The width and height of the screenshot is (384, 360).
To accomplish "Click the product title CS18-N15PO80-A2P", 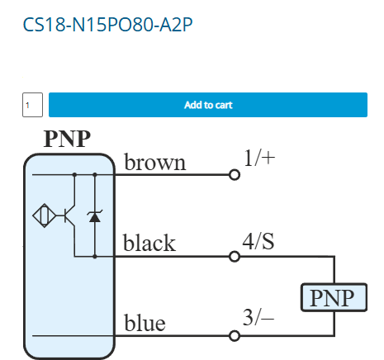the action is coord(107,25).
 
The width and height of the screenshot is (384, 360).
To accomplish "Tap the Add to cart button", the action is coord(208,105).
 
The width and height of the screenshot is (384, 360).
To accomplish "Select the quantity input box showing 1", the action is coord(32,105).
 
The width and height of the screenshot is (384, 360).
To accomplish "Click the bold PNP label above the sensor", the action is coord(67,139).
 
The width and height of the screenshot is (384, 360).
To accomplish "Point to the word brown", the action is coord(155,163).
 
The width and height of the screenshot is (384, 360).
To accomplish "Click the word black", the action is coord(149,243).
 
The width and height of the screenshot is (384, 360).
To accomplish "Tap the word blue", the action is coord(145,322).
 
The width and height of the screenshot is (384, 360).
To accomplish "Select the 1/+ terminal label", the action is coord(259,159).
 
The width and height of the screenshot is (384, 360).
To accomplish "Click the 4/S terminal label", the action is coord(258,241).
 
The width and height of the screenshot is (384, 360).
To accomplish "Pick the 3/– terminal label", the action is coord(258,318).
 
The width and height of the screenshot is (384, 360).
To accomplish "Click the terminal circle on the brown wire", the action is coord(235,175).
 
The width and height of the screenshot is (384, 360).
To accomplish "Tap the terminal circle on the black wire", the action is coord(235,257).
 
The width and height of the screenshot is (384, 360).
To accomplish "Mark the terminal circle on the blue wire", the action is coord(235,336).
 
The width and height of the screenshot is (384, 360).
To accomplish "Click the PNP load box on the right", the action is coord(334,297).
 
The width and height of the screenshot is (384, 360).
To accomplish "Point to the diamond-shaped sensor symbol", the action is coord(45,216).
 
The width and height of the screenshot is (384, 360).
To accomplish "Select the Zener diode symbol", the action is coord(95,216).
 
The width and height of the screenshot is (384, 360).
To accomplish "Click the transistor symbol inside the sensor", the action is coord(69,216).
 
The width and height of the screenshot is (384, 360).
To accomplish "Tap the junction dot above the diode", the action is coord(95,175).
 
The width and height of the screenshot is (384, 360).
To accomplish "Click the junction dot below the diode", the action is coord(95,257).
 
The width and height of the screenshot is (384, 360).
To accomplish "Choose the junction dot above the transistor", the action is coord(74,175).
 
